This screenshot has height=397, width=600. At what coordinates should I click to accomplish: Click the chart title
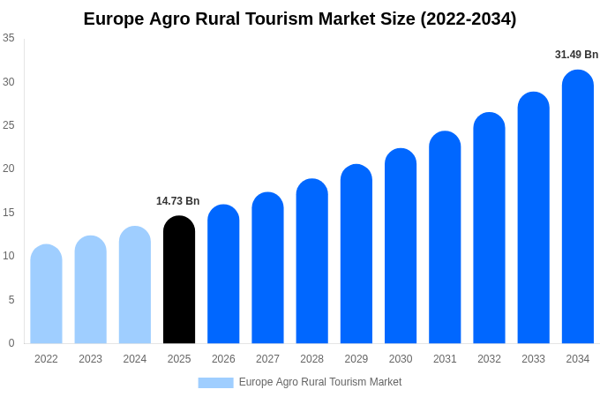[300, 19]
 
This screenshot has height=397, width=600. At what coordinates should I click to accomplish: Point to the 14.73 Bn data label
[178, 201]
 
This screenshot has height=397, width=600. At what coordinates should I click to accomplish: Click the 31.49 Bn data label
[576, 55]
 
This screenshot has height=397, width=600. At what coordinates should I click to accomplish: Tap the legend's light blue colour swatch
[215, 382]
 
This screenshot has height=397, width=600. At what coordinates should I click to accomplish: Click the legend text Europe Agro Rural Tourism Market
[320, 382]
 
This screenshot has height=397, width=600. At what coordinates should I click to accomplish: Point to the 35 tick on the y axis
[9, 38]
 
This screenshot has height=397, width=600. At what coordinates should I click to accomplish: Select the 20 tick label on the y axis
[9, 169]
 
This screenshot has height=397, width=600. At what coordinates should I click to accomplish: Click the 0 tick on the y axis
[11, 343]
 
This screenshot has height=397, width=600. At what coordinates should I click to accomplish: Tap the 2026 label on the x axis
[223, 359]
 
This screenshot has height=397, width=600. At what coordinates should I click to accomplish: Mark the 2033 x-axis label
[533, 359]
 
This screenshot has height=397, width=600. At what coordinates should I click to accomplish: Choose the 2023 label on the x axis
[90, 359]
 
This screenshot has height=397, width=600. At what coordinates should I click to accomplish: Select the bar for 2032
[489, 228]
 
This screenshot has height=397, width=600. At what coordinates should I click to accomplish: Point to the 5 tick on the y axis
[11, 300]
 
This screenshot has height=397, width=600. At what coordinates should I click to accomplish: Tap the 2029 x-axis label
[356, 359]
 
